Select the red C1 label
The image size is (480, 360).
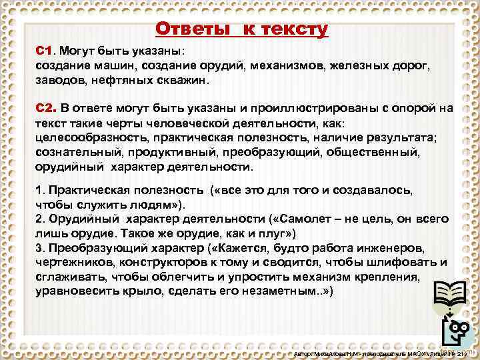point(43,51)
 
